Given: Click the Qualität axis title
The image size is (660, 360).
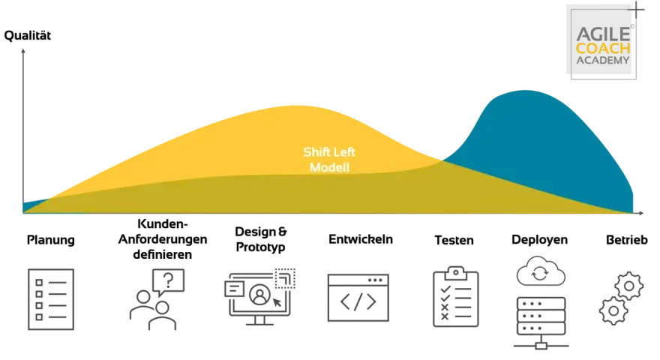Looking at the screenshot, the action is coord(27,36).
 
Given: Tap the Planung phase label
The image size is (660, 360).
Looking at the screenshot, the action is coord(50,240).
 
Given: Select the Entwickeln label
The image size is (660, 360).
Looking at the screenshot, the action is coord(361,239).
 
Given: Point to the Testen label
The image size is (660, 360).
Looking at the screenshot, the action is coord(454,240).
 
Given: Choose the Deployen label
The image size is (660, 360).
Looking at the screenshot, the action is coord(539,240).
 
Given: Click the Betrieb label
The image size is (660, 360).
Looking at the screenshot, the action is coord(627,239).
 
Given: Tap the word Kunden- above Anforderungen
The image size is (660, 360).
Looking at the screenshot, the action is coord(163,223).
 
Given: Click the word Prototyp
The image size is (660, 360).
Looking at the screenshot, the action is coord(260,247).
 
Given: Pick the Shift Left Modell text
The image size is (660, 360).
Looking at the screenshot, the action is coord(329,160).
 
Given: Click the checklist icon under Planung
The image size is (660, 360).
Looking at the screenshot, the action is coord(51,299).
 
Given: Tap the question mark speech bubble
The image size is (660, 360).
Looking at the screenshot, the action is coord(168,280).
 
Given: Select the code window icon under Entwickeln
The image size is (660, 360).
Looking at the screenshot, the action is coord(358,298).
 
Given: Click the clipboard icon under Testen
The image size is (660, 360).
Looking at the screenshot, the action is coord(456,296).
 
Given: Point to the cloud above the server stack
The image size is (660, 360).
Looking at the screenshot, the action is coord(541,271).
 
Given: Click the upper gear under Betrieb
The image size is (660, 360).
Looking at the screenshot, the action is coord(628,286).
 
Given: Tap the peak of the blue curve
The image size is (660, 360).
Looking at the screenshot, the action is coord(524,91).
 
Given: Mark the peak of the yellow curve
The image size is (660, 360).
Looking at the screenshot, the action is coord(296,106).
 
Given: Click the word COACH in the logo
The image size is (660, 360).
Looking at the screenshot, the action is coord(603,49).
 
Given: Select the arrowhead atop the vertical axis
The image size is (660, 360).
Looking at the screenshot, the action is coord(23,50).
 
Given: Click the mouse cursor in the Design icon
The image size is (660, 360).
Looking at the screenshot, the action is coord(277,302).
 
